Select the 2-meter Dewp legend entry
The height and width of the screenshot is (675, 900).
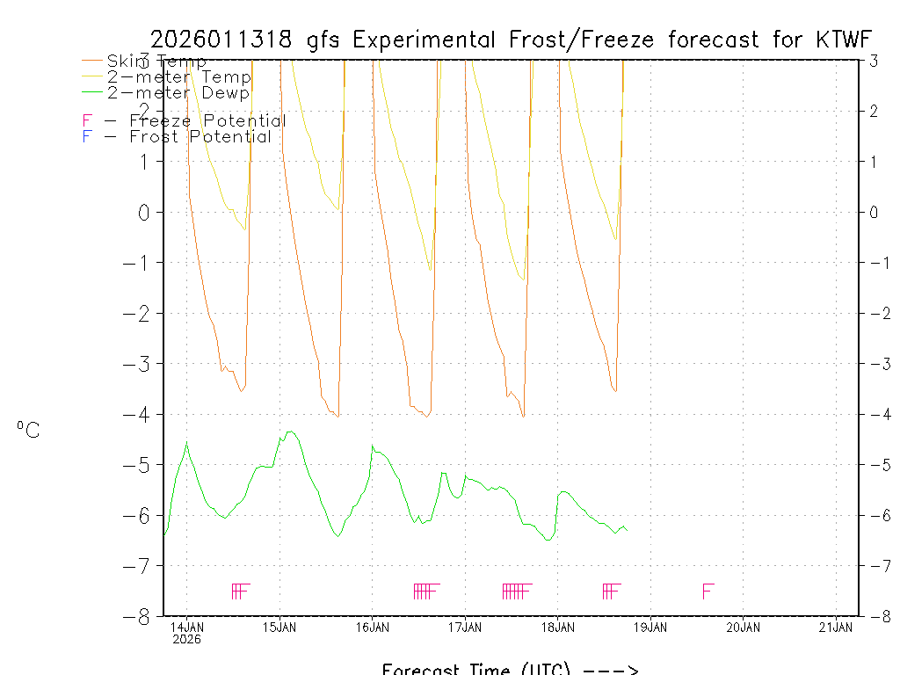[x=178, y=92]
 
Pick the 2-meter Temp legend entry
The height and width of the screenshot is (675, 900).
[x=178, y=77]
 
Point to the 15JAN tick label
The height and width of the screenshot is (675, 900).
[x=280, y=627]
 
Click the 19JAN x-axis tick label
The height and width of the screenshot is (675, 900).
[x=650, y=627]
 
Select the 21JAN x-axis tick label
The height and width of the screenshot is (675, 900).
[x=836, y=627]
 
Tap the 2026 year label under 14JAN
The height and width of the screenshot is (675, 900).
[x=187, y=639]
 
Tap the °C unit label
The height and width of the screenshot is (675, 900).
[x=28, y=430]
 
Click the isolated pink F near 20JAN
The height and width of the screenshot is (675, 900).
[x=708, y=591]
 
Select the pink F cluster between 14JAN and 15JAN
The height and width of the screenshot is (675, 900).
[x=241, y=591]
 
